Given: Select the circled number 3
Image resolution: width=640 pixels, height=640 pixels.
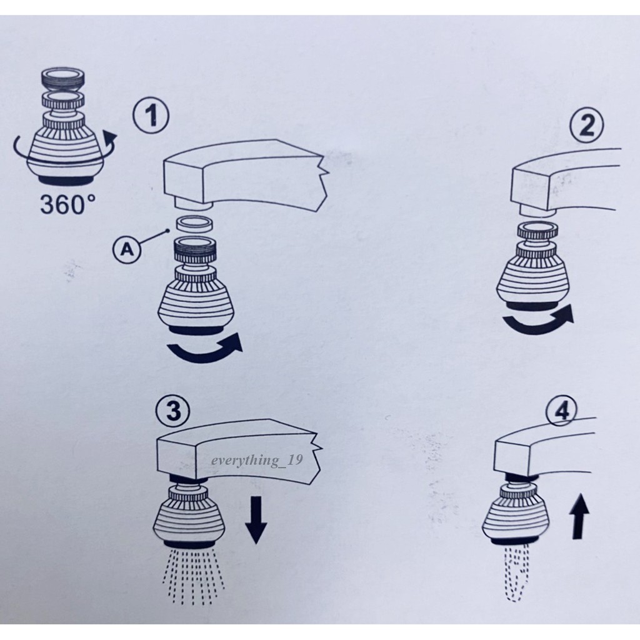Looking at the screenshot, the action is (173, 410).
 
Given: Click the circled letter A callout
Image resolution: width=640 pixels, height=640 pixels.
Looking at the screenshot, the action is (127, 249).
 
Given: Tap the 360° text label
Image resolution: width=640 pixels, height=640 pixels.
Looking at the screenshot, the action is (68, 204).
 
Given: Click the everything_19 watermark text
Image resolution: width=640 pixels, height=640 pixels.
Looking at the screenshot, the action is (257, 461).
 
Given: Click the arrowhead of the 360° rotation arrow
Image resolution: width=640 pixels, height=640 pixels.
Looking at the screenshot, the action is (109, 138).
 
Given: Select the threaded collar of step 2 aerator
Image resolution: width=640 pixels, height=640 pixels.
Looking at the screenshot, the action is (537, 231).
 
